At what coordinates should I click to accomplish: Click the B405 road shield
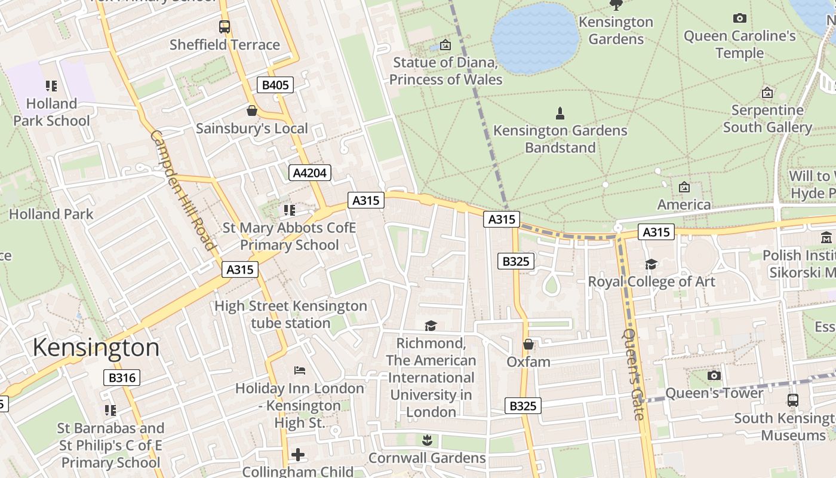[275, 85]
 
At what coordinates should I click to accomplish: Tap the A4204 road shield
[310, 173]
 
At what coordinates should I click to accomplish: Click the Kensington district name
[96, 348]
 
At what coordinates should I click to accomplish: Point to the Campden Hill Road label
[182, 190]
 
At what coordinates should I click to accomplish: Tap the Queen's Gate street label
[634, 374]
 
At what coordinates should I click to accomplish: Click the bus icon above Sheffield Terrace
[224, 27]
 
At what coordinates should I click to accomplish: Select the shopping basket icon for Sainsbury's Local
[252, 111]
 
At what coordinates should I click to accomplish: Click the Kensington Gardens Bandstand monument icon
[560, 113]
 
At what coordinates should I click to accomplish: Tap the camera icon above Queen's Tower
[714, 376]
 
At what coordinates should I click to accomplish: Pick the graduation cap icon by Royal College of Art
[651, 264]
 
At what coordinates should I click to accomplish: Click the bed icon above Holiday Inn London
[300, 370]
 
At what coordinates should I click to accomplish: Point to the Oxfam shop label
[528, 361]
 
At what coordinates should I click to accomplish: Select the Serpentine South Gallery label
[767, 118]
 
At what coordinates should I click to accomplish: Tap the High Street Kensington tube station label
[291, 314]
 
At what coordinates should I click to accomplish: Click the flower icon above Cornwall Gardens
[426, 441]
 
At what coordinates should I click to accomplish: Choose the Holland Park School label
[52, 112]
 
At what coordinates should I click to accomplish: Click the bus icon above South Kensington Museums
[792, 400]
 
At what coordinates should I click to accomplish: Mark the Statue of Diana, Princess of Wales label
[445, 71]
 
